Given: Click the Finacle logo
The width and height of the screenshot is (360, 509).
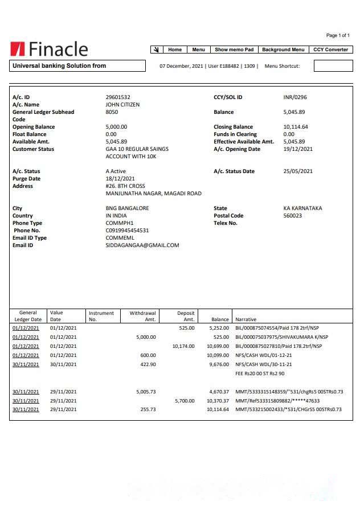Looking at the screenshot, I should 49,50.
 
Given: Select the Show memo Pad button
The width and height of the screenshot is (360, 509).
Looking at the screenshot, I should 234,50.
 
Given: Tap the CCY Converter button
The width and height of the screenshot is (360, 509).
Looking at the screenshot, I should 330,50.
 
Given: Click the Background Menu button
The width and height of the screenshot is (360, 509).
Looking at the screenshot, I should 283,50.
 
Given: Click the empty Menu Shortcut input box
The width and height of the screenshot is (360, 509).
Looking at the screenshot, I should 333,66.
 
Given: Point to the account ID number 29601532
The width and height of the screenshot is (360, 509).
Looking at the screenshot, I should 118,97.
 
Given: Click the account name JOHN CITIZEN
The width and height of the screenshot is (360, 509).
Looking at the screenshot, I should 122,105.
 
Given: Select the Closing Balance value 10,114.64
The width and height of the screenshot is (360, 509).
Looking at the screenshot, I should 296,127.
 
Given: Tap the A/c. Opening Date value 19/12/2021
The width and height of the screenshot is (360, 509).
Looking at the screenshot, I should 298,149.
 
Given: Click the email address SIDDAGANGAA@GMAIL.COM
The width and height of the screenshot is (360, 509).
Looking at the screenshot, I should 142,245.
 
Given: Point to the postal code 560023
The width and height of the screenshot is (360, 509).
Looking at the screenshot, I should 293,216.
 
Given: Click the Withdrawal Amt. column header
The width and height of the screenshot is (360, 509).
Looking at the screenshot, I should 142,316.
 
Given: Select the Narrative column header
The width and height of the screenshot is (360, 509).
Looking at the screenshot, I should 246,319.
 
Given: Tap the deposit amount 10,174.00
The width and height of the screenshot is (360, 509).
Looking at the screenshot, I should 183,346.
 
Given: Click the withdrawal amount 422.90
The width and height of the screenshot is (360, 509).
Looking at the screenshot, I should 148,364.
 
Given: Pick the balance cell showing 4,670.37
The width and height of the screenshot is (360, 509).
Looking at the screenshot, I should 219,392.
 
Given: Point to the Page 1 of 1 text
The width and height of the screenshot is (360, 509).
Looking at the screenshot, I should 338,35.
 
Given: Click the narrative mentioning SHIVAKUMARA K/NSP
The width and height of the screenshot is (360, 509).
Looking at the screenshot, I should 281,337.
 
